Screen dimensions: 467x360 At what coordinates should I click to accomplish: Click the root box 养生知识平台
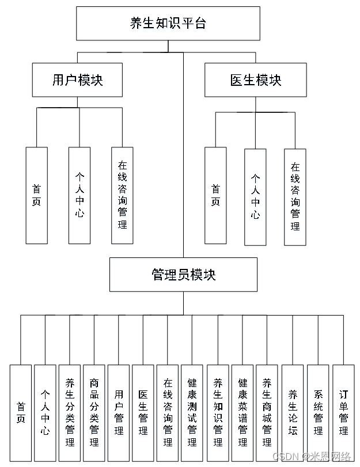(168, 24)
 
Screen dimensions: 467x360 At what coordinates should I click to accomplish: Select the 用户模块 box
(77, 80)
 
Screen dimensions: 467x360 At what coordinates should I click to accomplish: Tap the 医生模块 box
(256, 80)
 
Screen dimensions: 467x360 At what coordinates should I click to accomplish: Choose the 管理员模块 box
(183, 275)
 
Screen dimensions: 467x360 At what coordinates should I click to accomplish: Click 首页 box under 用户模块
(36, 195)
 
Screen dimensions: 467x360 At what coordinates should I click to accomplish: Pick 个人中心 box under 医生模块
(255, 196)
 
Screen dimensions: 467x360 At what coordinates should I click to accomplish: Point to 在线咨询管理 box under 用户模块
(122, 195)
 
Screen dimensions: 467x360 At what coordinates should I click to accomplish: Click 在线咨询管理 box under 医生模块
(295, 196)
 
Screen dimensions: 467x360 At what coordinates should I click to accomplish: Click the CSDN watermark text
(311, 457)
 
